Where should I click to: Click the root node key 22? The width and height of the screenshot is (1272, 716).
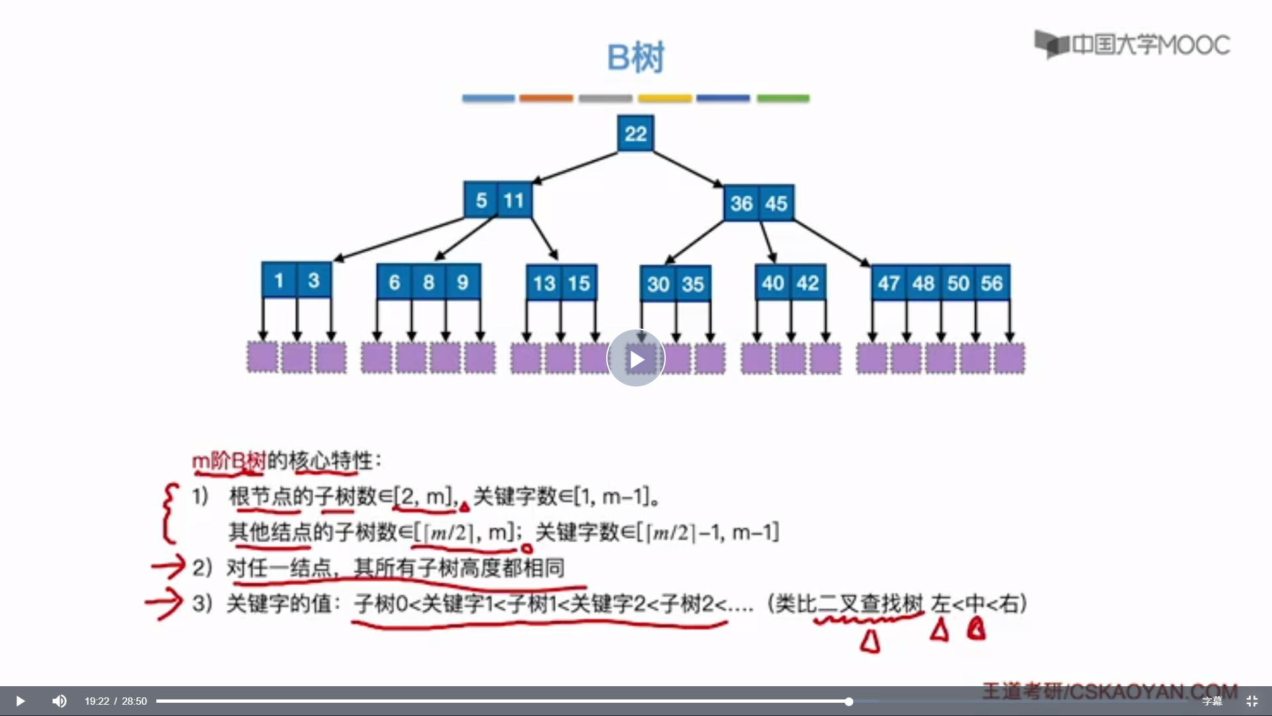(x=635, y=134)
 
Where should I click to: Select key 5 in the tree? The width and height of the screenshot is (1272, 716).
(x=481, y=200)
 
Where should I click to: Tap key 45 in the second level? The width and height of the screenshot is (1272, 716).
(x=776, y=203)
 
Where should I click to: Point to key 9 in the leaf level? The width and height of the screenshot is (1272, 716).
(x=462, y=282)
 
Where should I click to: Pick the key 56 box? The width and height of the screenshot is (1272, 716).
(x=992, y=284)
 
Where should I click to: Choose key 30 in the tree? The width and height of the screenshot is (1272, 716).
(x=658, y=284)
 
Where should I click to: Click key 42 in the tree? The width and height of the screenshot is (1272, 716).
(x=808, y=284)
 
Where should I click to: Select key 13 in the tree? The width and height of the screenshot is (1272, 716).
(x=544, y=284)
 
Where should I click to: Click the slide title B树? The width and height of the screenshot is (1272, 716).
(x=635, y=58)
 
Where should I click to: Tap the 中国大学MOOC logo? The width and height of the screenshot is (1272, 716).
(x=1132, y=44)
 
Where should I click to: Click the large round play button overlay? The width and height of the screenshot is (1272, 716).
(x=636, y=359)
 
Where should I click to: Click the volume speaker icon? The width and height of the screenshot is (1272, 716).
(x=60, y=701)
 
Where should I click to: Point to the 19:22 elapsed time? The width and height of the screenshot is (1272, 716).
(x=97, y=701)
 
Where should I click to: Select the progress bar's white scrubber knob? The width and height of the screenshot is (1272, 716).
(x=849, y=701)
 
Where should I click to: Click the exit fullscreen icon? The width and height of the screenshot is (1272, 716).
(x=1252, y=701)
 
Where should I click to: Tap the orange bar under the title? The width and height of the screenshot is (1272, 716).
(x=546, y=98)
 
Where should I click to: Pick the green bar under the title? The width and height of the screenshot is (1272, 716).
(x=783, y=98)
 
